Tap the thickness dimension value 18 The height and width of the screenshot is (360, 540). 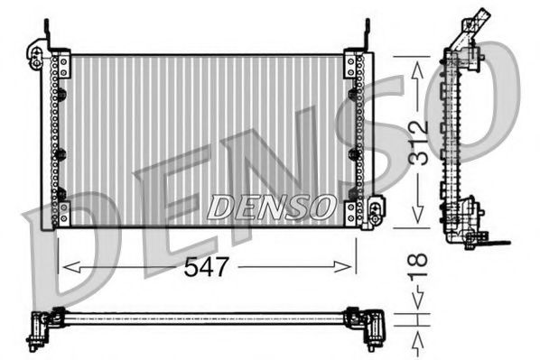(x=418, y=270)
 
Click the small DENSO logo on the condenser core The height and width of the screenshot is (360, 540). (x=269, y=207)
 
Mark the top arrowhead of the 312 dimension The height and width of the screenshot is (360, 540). (x=415, y=63)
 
